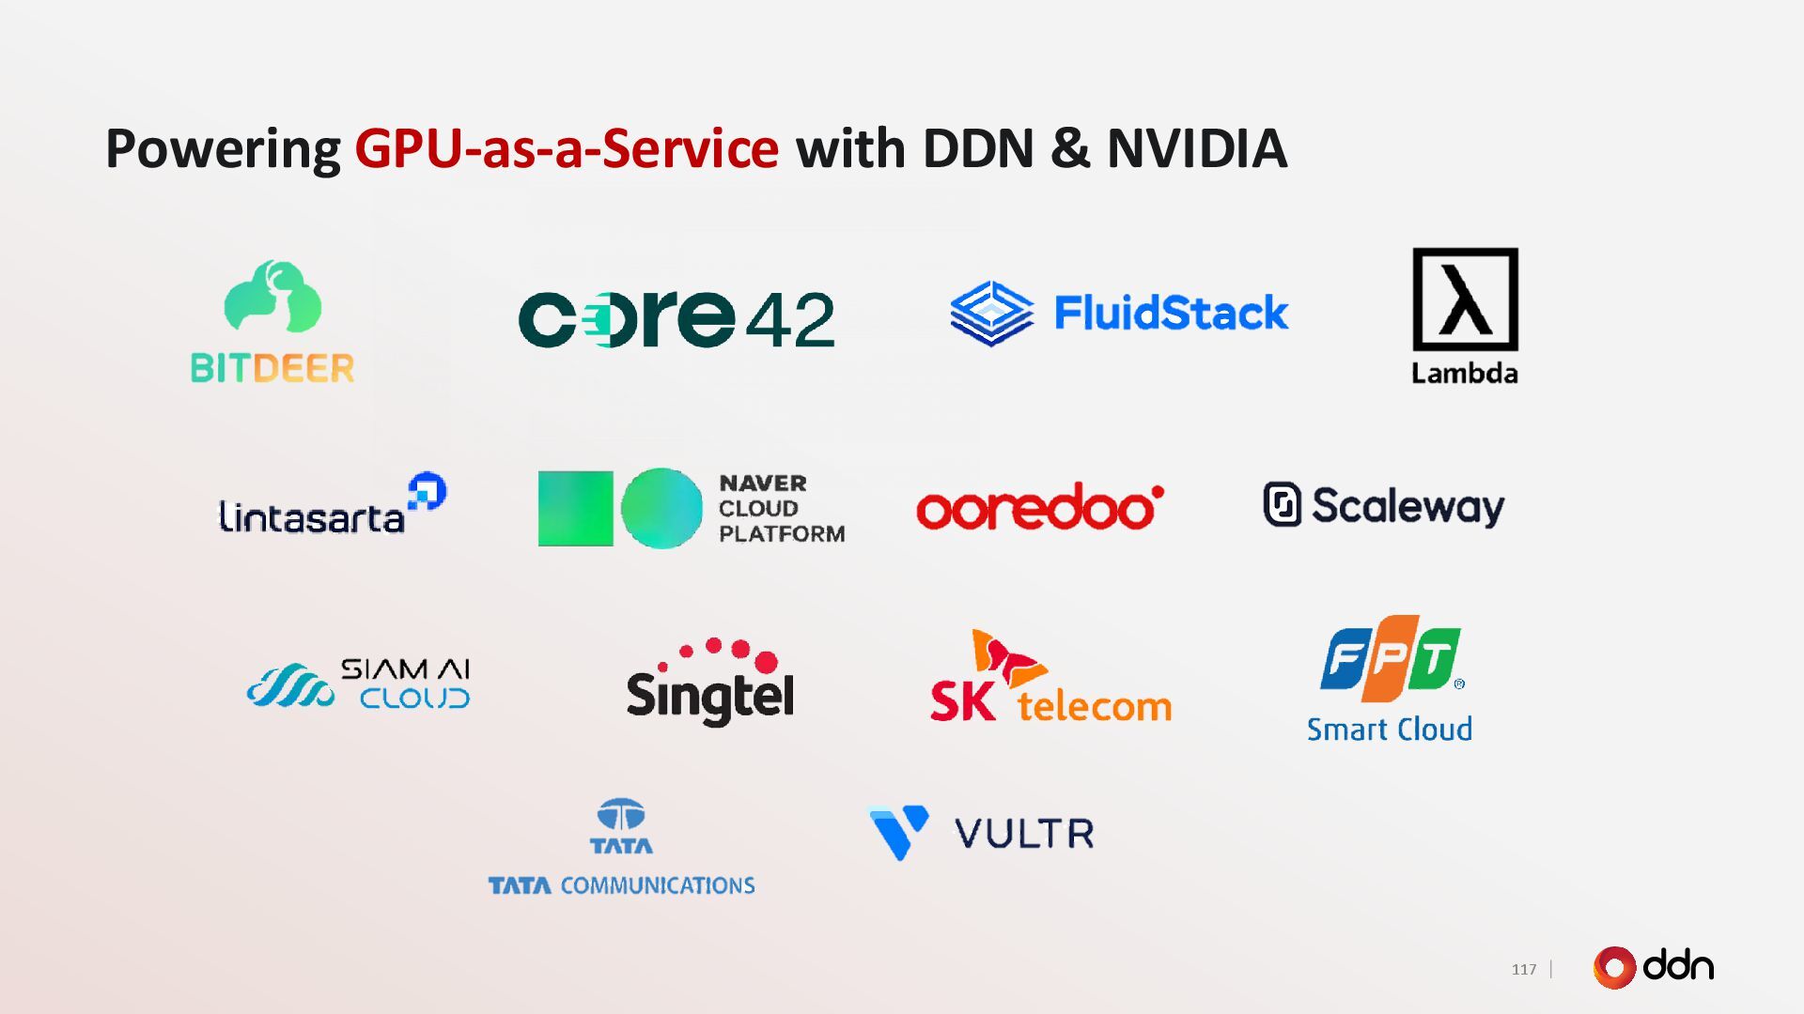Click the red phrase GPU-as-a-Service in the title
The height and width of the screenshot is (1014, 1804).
(566, 148)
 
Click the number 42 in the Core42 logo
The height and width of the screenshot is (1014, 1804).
(790, 320)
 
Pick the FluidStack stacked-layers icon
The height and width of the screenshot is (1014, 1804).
(991, 313)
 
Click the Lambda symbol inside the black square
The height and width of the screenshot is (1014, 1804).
(1465, 300)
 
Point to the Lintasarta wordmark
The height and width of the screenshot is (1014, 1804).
(312, 517)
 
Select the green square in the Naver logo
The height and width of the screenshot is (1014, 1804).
(575, 508)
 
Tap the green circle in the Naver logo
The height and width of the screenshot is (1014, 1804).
(661, 508)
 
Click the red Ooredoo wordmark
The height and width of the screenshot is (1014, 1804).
(1039, 508)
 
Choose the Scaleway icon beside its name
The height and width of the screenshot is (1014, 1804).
(1282, 504)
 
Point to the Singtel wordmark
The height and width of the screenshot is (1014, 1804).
(709, 696)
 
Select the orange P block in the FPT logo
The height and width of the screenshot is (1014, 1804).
(1390, 659)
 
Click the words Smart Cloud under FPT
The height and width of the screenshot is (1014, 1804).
(1389, 730)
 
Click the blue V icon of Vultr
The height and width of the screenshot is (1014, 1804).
(898, 831)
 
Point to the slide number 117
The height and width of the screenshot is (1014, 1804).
(1523, 969)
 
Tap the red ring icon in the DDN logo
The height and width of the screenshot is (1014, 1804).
(1614, 967)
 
